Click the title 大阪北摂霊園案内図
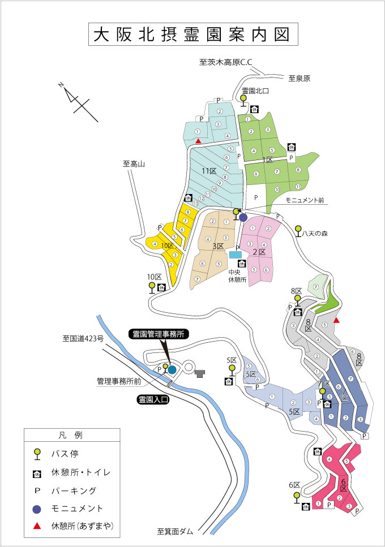click(x=192, y=35)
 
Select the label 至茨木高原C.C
click(x=225, y=63)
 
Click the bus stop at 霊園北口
click(x=243, y=99)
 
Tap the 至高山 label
click(x=134, y=165)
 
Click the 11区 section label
click(x=209, y=170)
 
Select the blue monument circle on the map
click(x=243, y=217)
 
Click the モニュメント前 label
click(x=304, y=200)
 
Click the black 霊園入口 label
click(x=154, y=399)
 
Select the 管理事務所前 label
click(x=118, y=382)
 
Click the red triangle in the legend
click(x=37, y=526)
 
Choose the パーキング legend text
click(x=74, y=490)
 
